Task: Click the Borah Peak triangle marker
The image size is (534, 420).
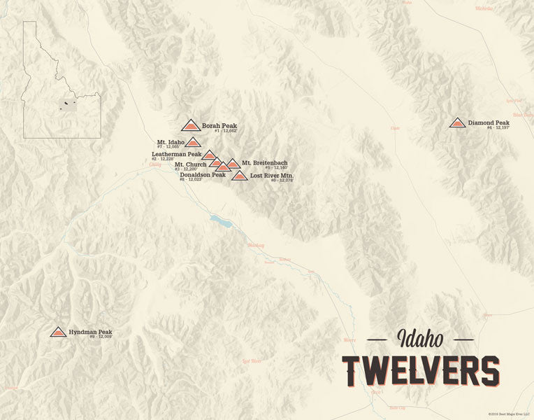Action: click(190, 126)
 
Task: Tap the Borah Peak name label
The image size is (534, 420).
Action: click(219, 126)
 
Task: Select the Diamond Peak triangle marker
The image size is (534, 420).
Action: click(458, 123)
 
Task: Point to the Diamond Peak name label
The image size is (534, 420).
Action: click(489, 122)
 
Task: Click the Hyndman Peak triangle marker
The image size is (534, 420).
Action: click(59, 332)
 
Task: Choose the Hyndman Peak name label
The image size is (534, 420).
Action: click(90, 332)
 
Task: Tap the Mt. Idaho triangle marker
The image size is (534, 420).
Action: click(193, 142)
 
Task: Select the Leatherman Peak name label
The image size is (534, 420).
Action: click(176, 154)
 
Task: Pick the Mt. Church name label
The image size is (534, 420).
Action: click(190, 164)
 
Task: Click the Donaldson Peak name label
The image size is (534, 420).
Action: click(203, 175)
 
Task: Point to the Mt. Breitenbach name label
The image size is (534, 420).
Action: click(265, 163)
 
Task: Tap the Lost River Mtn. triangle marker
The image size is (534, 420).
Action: click(239, 176)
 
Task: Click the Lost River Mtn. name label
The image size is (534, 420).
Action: click(272, 175)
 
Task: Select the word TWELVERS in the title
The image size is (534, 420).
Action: click(421, 370)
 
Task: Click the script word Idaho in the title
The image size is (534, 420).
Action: click(420, 340)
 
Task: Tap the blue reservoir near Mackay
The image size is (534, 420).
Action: click(222, 222)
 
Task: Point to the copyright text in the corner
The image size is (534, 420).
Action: click(510, 414)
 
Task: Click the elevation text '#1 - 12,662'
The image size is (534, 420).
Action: click(226, 132)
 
